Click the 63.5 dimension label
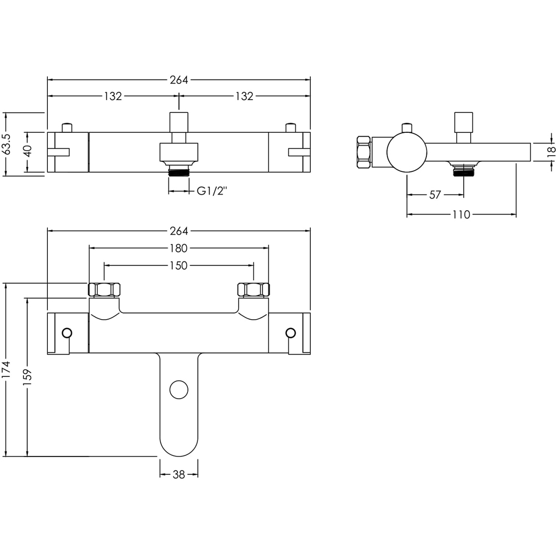(7, 144)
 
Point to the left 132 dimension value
(112, 96)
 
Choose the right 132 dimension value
(244, 96)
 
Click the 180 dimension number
(178, 249)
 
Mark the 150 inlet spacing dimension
(178, 266)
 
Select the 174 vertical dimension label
(7, 369)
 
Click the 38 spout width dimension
(178, 474)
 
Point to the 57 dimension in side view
(435, 195)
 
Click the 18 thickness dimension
(550, 151)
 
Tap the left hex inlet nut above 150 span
(104, 290)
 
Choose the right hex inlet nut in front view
(254, 290)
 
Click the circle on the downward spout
(179, 389)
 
